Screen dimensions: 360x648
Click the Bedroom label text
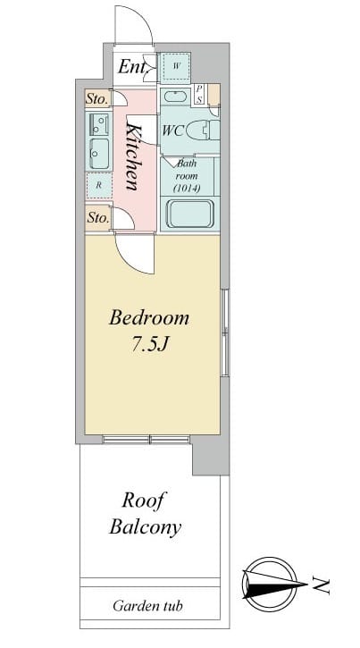[149, 319]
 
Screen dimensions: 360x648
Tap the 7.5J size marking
[149, 344]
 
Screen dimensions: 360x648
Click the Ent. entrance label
[132, 67]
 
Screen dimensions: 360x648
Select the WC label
[172, 130]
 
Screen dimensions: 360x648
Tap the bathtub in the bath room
[190, 214]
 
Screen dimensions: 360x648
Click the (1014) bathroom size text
[187, 189]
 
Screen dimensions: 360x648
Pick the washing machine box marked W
[175, 66]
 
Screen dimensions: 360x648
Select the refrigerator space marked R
[98, 185]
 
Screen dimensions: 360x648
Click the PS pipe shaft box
[199, 94]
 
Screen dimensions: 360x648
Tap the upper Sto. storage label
[98, 99]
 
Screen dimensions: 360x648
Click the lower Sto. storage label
[98, 218]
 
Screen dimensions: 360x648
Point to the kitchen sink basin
[98, 154]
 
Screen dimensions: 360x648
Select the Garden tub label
[147, 606]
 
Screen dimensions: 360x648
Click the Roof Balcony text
[145, 514]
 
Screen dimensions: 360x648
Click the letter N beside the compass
[322, 585]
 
